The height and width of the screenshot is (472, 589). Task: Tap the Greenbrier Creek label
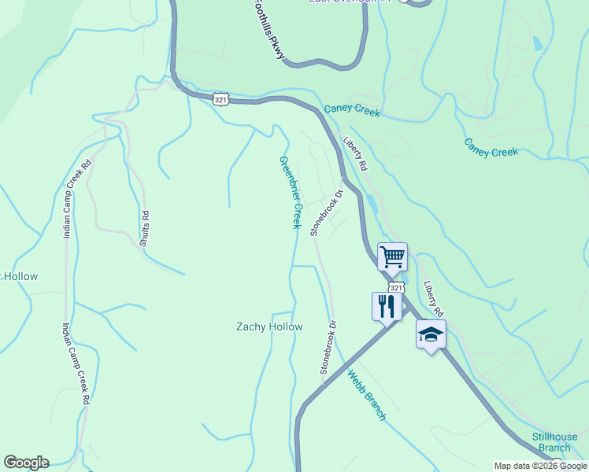point(289,193)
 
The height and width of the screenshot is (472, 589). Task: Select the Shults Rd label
point(145,228)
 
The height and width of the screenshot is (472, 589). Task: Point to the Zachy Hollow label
point(270,326)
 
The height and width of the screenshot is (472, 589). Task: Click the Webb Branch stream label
point(366,395)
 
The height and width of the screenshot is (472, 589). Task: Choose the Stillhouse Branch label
point(554,442)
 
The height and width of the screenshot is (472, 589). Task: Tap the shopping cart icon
point(392,256)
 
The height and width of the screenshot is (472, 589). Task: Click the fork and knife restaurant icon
point(386,305)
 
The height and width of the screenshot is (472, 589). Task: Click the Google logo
point(26,463)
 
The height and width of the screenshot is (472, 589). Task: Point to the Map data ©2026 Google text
point(540,466)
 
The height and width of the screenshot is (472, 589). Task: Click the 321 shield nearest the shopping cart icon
point(396,288)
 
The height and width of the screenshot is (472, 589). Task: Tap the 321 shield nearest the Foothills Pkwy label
point(221,100)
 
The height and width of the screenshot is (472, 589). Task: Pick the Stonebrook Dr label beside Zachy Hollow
point(328,346)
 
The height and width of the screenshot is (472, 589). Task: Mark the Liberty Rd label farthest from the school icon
point(355,154)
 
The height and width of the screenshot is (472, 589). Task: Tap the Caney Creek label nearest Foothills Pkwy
point(351,112)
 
